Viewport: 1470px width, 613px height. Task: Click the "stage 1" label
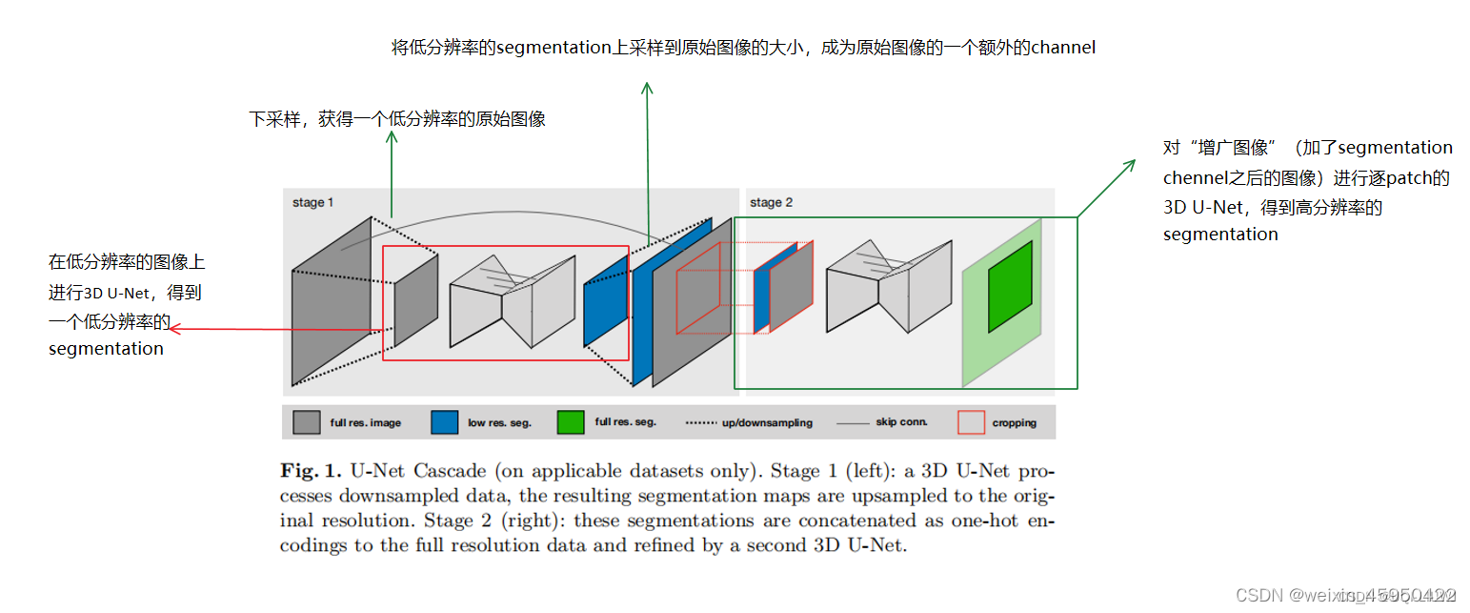tap(312, 203)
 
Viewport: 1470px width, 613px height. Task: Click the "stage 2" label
tap(771, 203)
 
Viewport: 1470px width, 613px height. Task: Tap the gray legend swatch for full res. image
tap(306, 422)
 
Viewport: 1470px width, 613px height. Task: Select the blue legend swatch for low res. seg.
tap(444, 422)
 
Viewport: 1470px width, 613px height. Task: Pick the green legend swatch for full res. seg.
tap(571, 422)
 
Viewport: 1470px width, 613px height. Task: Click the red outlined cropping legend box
tap(971, 422)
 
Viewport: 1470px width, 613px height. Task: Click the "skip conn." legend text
tap(901, 422)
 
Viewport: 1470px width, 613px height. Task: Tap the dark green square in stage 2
tap(1010, 286)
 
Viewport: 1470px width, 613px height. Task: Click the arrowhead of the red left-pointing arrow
tap(172, 330)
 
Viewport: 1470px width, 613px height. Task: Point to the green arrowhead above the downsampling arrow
tap(392, 137)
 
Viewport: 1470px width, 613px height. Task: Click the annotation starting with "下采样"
tap(396, 119)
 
